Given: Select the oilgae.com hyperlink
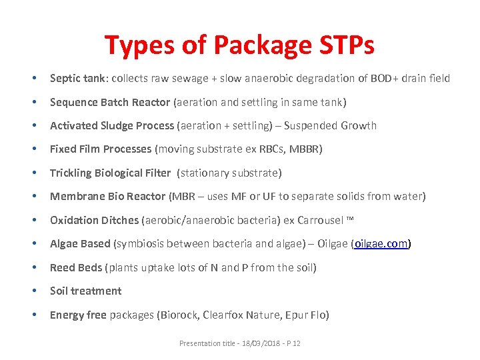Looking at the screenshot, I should pyautogui.click(x=381, y=244).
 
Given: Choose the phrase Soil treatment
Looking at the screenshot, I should pyautogui.click(x=85, y=291).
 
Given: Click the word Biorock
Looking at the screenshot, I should pyautogui.click(x=179, y=315).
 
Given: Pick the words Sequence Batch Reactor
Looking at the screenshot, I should pyautogui.click(x=110, y=103).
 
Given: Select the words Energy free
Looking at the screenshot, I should pyautogui.click(x=78, y=315).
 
